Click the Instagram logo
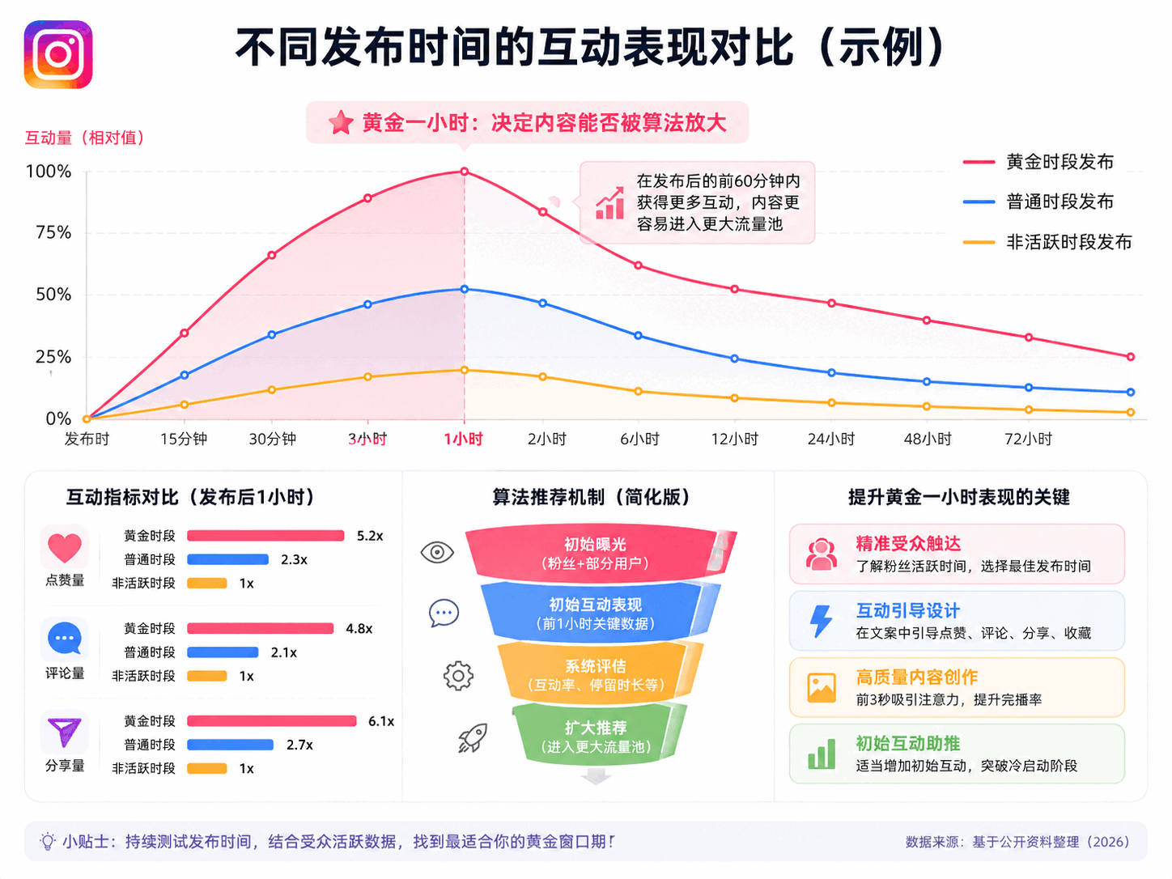(x=58, y=54)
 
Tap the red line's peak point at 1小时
(x=464, y=172)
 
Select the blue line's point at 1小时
(x=464, y=289)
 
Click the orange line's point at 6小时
(x=638, y=391)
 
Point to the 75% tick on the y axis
(x=53, y=232)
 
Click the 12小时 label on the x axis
(x=734, y=439)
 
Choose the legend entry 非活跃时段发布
(x=1047, y=242)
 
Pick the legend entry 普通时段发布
(x=1038, y=202)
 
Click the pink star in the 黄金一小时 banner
(x=341, y=123)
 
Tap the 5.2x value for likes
(x=369, y=536)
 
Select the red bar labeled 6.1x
(x=272, y=721)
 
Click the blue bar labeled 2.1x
(x=223, y=652)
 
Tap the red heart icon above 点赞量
(x=65, y=548)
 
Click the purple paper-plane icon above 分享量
(x=65, y=732)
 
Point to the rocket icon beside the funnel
(x=473, y=737)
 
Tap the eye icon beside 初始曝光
(x=437, y=552)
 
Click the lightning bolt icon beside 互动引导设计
(x=821, y=621)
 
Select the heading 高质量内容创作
(x=916, y=677)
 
